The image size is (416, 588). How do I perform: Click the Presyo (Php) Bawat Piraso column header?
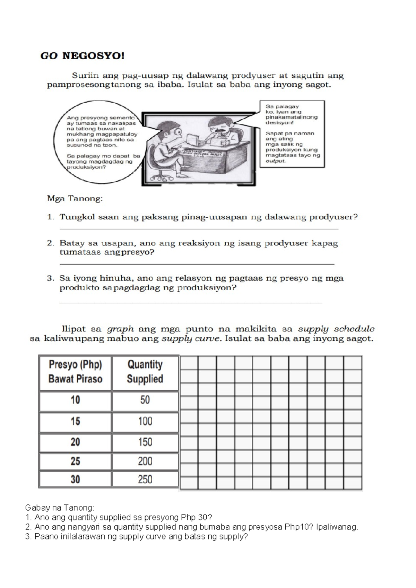[75, 371]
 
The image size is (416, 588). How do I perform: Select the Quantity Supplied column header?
[145, 371]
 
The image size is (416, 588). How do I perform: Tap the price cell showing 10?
[75, 400]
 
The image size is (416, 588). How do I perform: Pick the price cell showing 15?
[75, 421]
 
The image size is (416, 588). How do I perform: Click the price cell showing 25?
[75, 461]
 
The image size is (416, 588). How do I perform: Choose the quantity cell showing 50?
[145, 400]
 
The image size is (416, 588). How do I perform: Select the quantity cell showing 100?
[145, 421]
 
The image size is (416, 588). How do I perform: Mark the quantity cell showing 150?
[145, 442]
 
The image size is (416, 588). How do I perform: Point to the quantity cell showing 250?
[145, 479]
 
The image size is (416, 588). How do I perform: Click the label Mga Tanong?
[75, 199]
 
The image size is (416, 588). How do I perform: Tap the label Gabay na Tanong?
[59, 508]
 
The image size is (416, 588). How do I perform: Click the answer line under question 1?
[199, 229]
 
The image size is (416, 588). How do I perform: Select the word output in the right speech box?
[275, 161]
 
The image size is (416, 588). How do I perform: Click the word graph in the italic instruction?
[120, 329]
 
